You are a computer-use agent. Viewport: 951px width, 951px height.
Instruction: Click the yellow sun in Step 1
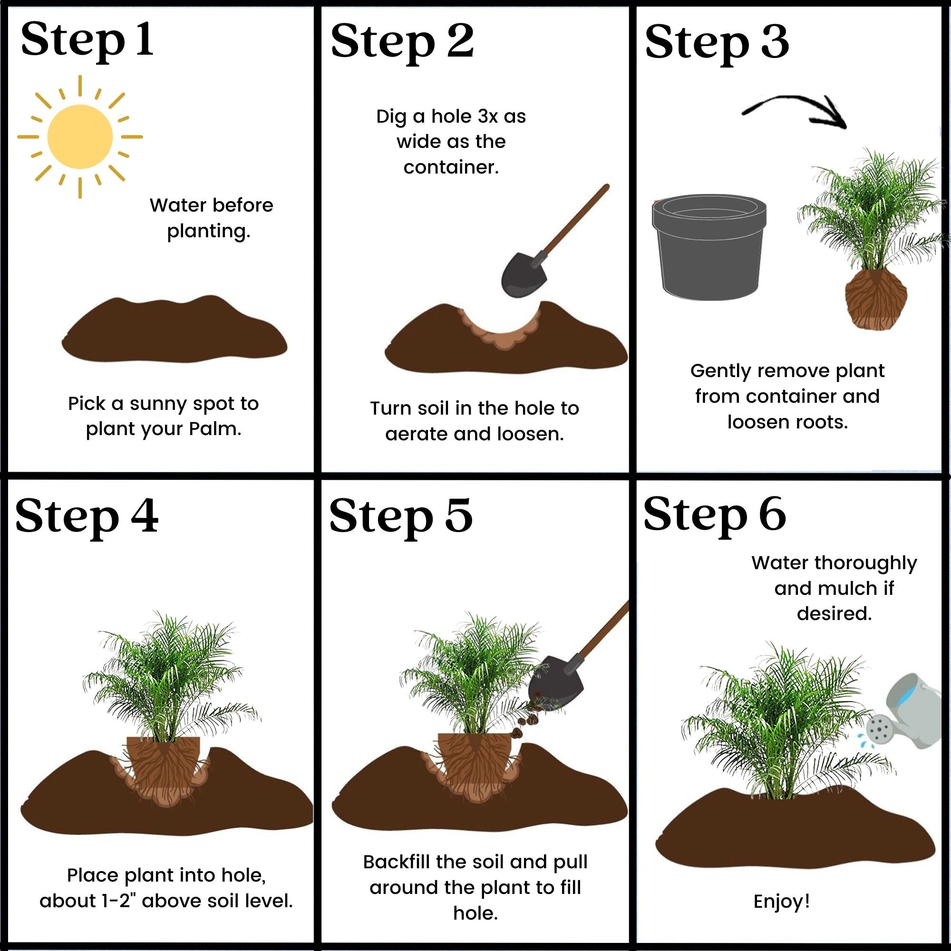click(x=80, y=137)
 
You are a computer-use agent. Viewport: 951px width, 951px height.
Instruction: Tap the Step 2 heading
click(x=402, y=42)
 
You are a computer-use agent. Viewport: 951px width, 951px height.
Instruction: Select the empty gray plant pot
click(x=709, y=247)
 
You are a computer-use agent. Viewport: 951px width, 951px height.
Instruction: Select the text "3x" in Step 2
click(x=488, y=116)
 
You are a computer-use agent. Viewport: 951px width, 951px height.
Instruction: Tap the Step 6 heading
click(x=715, y=515)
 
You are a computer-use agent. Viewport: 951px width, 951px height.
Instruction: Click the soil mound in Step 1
click(x=174, y=330)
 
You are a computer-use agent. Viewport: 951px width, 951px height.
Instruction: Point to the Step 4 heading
click(x=87, y=516)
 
